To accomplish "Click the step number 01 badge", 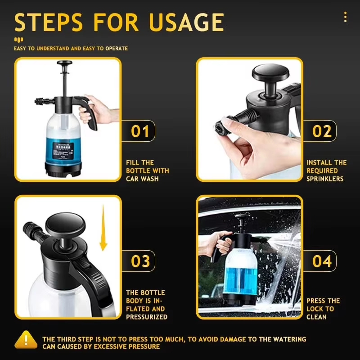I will tap(140, 131).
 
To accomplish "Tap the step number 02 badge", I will tap(322, 131).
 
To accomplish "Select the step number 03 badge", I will tap(140, 261).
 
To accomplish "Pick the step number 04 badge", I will tap(322, 261).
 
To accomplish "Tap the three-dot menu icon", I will tap(345, 17).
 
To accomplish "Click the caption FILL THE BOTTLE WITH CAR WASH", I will tap(147, 171).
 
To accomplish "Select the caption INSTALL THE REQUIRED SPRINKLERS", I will tap(326, 171).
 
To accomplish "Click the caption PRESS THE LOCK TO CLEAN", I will tap(323, 309).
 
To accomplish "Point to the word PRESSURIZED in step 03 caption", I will tap(147, 317).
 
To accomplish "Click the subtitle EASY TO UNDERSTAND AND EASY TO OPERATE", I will tap(71, 48).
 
